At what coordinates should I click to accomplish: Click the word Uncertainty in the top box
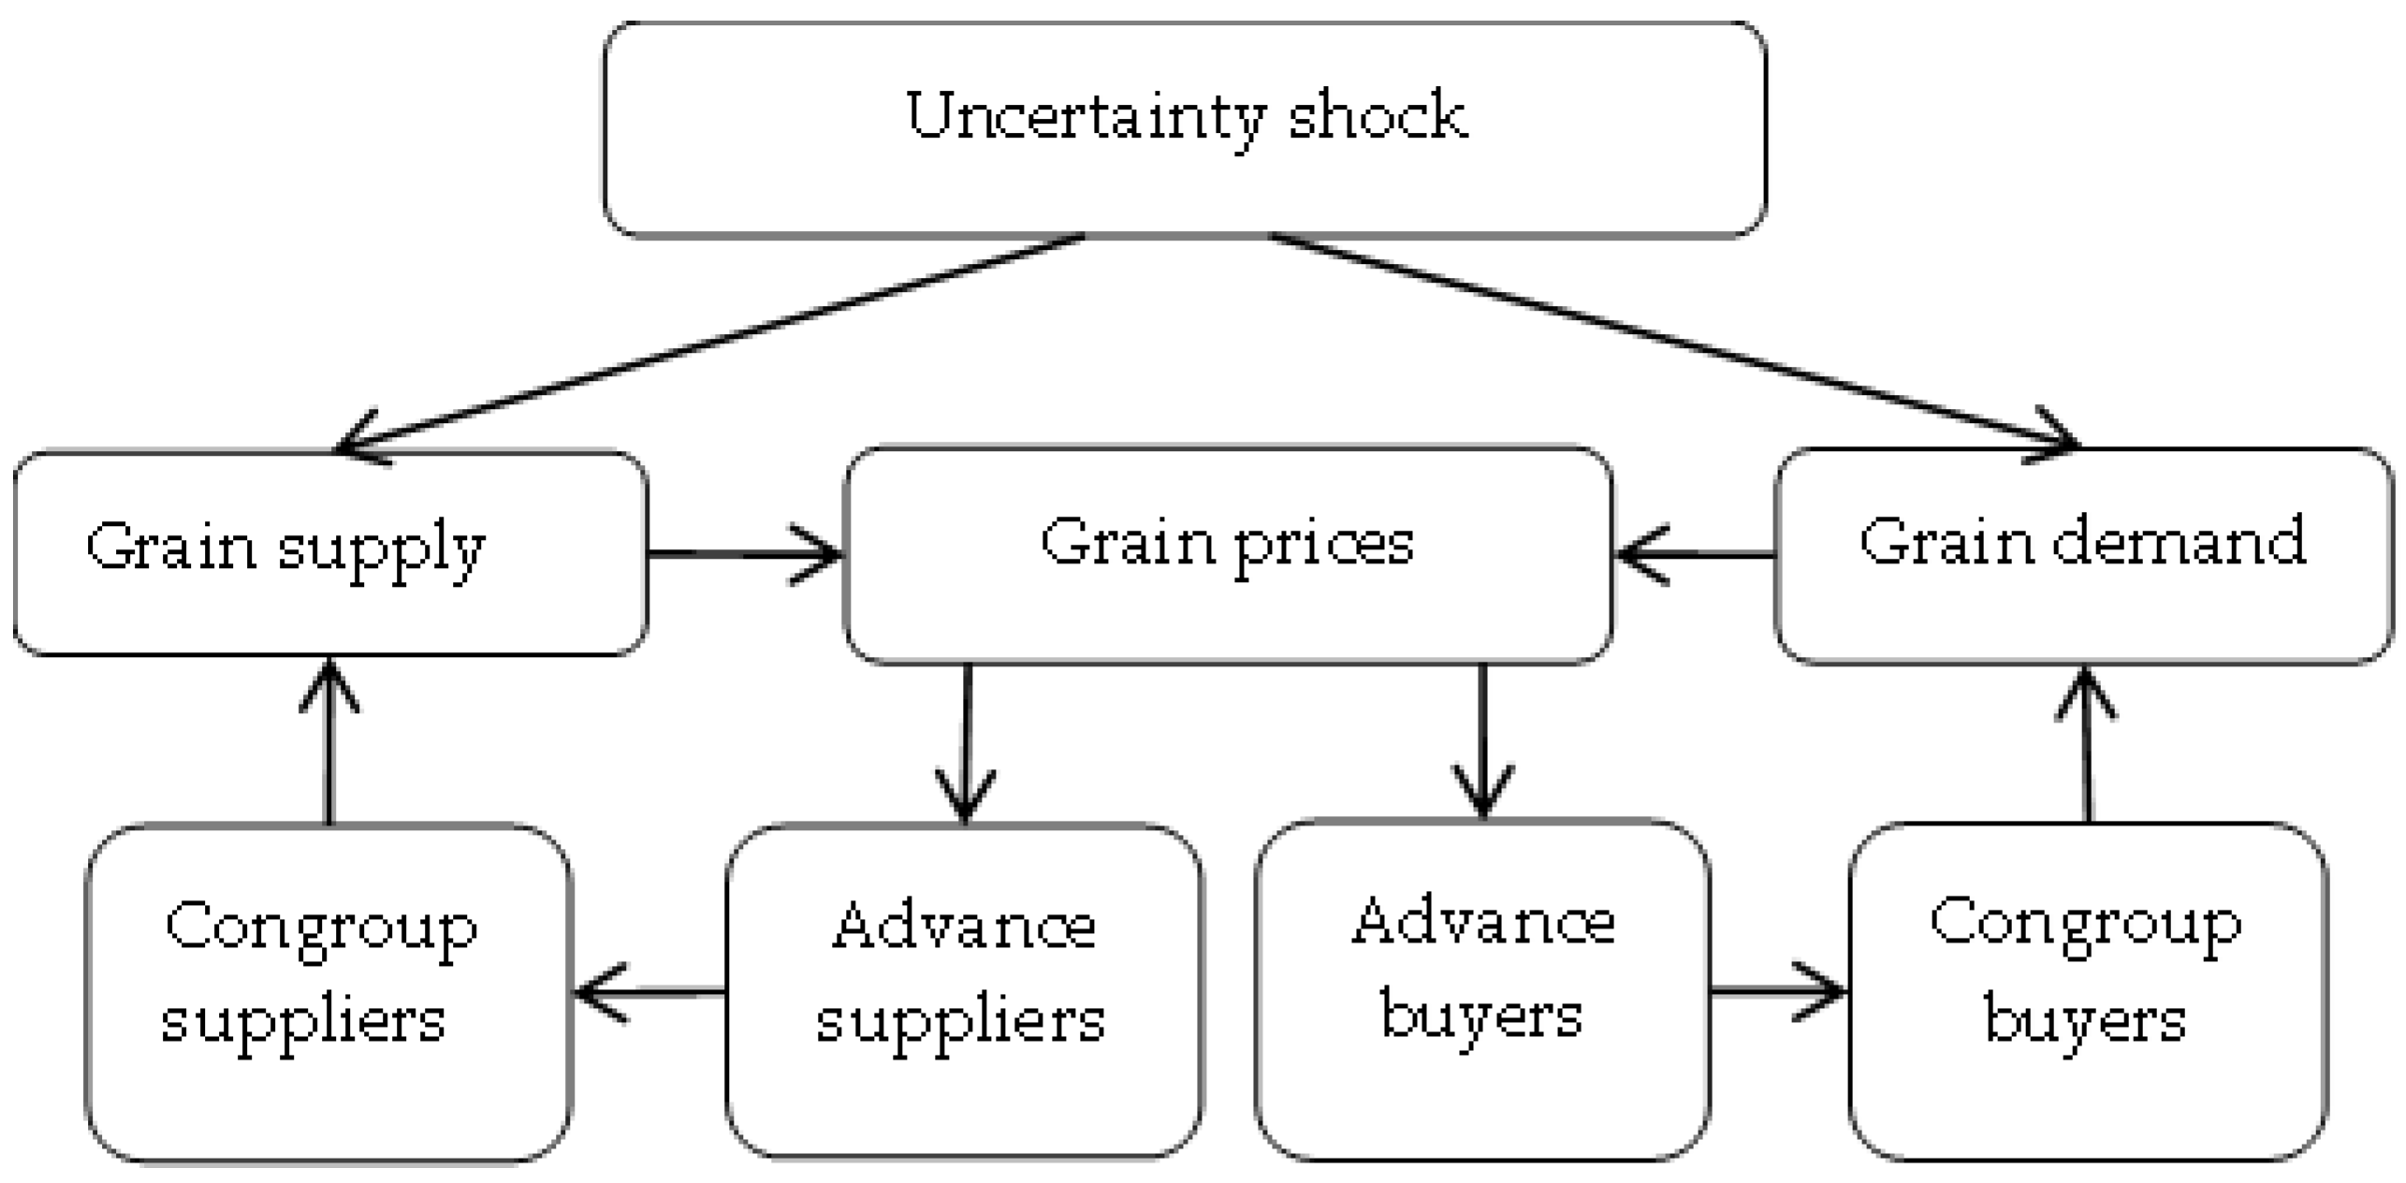pyautogui.click(x=1086, y=117)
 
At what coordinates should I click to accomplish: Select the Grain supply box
pyautogui.click(x=329, y=552)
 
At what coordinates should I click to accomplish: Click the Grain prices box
pyautogui.click(x=1227, y=554)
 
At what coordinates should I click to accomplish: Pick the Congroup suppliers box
pyautogui.click(x=328, y=992)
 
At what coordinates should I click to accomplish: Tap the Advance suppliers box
pyautogui.click(x=964, y=992)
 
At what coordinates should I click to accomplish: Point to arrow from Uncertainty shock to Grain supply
pyautogui.click(x=711, y=340)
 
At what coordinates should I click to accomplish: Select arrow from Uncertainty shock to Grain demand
pyautogui.click(x=1675, y=340)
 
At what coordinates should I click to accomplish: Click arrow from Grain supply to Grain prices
pyautogui.click(x=744, y=554)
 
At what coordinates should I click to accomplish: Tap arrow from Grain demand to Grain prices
pyautogui.click(x=1694, y=554)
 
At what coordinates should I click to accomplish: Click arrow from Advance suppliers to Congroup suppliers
pyautogui.click(x=650, y=992)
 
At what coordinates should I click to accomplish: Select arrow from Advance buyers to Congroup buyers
pyautogui.click(x=1778, y=990)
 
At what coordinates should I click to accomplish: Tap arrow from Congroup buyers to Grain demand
pyautogui.click(x=2087, y=744)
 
